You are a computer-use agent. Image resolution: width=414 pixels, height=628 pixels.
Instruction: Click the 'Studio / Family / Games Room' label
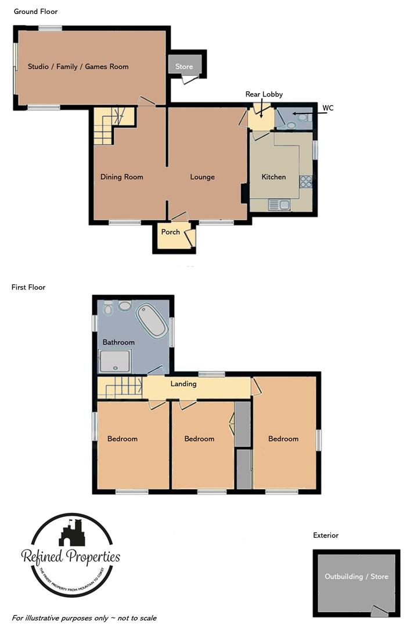coord(78,67)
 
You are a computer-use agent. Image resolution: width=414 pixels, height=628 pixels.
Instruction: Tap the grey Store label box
coord(184,66)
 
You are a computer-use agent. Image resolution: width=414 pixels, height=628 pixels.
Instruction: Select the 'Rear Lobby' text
coord(264,94)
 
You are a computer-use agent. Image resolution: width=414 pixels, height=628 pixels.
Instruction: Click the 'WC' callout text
coord(328,108)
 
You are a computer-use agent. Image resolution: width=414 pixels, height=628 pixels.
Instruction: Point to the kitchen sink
coord(279,204)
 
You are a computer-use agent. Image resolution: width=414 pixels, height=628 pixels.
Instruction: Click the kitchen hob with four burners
coord(305,181)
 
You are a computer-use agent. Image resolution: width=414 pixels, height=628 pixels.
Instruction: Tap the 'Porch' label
coord(170,232)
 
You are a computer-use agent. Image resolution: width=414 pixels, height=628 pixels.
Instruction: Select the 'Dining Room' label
coord(121,177)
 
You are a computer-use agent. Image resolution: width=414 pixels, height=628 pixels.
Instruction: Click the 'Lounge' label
coord(202,177)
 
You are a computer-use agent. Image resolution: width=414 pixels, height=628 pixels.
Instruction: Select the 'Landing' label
coord(183,384)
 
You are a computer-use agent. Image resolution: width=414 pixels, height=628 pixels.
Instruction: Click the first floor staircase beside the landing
coord(121,387)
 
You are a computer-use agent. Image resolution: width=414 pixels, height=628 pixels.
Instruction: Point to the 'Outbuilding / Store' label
coord(357,577)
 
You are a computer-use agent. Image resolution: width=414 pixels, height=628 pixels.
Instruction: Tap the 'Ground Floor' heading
coord(35,12)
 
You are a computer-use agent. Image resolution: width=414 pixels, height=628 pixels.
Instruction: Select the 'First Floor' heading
coord(28,287)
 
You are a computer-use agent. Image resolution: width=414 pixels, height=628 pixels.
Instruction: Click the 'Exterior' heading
coord(326,535)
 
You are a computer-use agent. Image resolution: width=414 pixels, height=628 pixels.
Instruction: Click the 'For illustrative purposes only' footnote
coord(84,618)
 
